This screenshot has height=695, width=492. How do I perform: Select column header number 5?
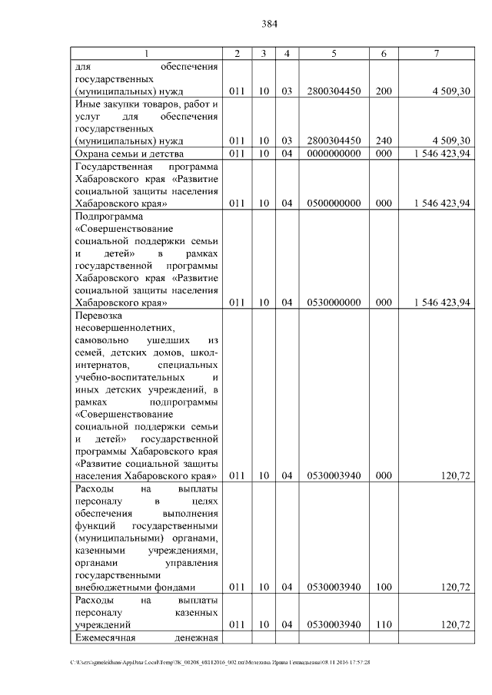tap(334, 53)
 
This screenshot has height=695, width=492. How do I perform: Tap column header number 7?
tap(436, 53)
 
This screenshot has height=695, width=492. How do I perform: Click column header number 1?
tap(147, 53)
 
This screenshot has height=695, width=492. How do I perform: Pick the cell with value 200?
tap(383, 91)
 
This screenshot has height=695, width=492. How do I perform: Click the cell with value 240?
tap(383, 140)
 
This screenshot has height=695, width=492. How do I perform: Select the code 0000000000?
tap(334, 154)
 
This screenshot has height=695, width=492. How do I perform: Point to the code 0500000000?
tap(334, 203)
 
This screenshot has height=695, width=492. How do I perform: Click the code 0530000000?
tap(334, 303)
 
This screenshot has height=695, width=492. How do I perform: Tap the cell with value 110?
tap(383, 624)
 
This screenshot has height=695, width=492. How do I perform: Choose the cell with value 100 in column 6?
tap(383, 587)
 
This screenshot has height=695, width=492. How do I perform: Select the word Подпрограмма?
tap(106, 216)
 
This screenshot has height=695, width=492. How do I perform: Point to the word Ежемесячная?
tap(105, 638)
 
